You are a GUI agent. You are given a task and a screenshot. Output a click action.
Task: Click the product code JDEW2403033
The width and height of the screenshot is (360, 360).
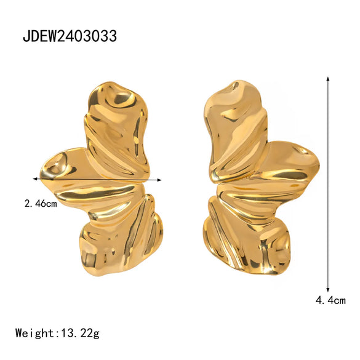tap(70, 36)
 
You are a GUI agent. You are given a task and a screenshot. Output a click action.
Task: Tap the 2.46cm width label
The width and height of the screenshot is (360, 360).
tap(41, 203)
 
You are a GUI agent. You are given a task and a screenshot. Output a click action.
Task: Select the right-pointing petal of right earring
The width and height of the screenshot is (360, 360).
tap(295, 163)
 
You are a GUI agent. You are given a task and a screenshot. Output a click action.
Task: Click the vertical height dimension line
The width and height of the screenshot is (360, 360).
tap(328, 185)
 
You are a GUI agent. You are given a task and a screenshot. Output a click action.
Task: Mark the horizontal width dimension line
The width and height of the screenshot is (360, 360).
tap(98, 180)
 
